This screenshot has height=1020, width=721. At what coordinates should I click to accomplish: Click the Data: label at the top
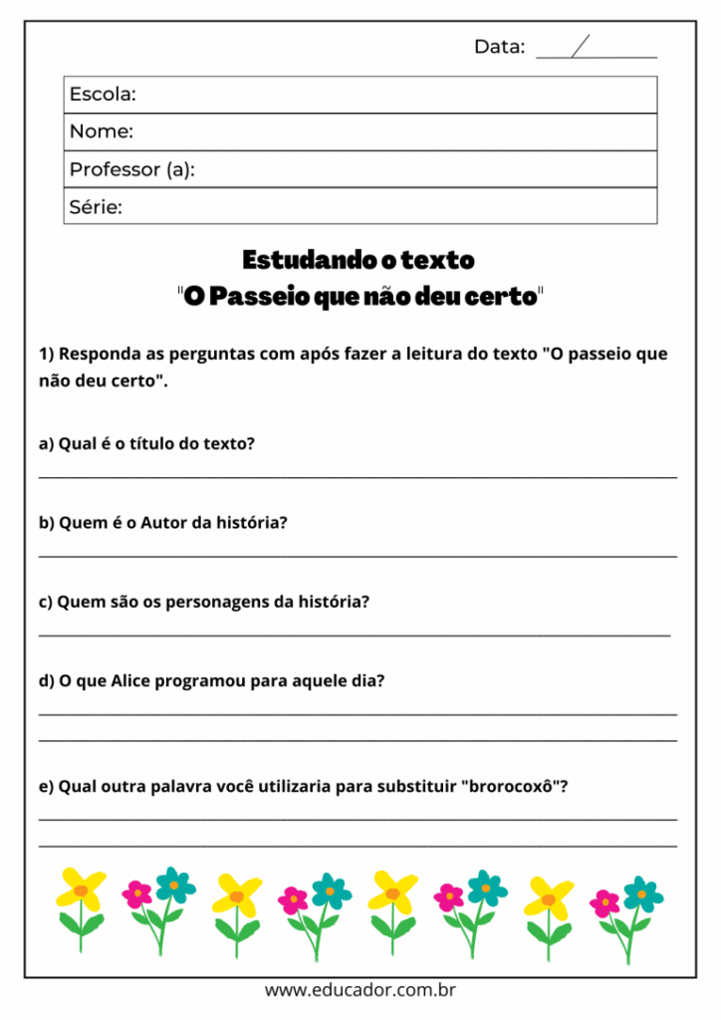point(499,47)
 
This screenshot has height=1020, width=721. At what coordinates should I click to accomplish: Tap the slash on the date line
point(581,47)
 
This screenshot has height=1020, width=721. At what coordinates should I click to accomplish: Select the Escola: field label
point(103,95)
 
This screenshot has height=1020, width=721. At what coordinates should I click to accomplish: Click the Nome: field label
point(101,131)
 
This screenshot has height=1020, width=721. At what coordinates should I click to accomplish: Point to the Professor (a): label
point(131,169)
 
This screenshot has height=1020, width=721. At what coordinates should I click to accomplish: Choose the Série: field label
point(96,207)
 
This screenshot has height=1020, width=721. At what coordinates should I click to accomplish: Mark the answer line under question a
point(358,477)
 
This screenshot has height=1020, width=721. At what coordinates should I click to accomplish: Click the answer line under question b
point(358,556)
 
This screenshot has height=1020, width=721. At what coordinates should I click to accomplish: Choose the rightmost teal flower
point(642,892)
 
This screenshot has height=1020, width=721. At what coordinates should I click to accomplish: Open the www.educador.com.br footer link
point(360,991)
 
